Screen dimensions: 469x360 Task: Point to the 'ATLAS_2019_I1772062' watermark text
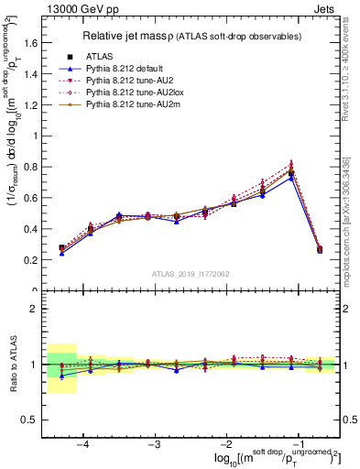click(x=191, y=274)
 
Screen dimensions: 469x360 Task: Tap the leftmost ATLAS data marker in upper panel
click(x=61, y=248)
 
